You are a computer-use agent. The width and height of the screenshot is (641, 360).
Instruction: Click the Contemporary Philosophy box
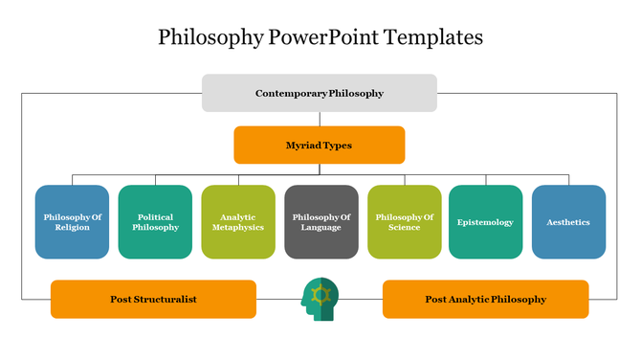pyautogui.click(x=320, y=93)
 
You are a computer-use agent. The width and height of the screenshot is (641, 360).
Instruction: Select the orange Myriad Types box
pyautogui.click(x=320, y=146)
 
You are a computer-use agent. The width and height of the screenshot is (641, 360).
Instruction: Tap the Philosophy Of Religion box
pyautogui.click(x=72, y=222)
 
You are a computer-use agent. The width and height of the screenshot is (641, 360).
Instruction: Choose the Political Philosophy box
pyautogui.click(x=155, y=222)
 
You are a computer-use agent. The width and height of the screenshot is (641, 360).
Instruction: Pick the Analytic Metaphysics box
pyautogui.click(x=237, y=222)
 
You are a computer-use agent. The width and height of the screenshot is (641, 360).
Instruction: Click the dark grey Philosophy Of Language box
pyautogui.click(x=321, y=222)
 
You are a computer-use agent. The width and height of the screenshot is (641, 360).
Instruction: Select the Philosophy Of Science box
pyautogui.click(x=404, y=222)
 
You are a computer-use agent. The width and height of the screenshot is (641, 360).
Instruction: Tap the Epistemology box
pyautogui.click(x=486, y=222)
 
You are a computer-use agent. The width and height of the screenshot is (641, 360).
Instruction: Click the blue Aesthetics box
pyautogui.click(x=568, y=222)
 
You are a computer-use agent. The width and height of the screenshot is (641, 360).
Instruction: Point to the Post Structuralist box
pyautogui.click(x=153, y=299)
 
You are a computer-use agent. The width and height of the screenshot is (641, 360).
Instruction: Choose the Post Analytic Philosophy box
pyautogui.click(x=485, y=299)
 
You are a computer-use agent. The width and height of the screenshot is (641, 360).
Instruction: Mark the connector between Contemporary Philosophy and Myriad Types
pyautogui.click(x=320, y=119)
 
